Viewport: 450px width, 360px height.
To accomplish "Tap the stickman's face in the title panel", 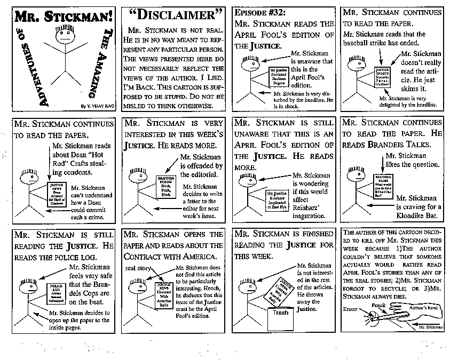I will click(x=64, y=38).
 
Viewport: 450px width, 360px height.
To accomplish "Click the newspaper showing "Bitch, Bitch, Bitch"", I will click(x=167, y=186).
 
